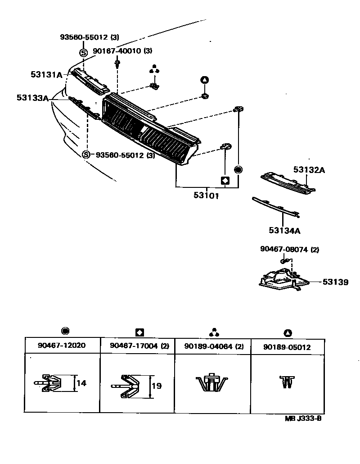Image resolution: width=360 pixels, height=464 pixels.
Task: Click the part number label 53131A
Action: pyautogui.click(x=46, y=75)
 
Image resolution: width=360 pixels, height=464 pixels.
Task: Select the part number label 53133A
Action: pyautogui.click(x=32, y=97)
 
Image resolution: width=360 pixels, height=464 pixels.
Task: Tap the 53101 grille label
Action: pyautogui.click(x=207, y=196)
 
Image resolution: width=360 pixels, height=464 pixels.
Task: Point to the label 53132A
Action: pyautogui.click(x=309, y=170)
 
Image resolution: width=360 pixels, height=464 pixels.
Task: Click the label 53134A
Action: pyautogui.click(x=284, y=231)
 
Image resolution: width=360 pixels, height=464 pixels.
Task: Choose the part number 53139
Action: pyautogui.click(x=335, y=282)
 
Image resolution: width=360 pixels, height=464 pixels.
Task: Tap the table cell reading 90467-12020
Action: pyautogui.click(x=62, y=346)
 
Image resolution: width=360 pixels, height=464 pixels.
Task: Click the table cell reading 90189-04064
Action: pyautogui.click(x=208, y=347)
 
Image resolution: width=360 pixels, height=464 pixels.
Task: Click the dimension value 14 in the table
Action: pyautogui.click(x=81, y=383)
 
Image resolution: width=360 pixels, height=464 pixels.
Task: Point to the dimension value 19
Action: pyautogui.click(x=156, y=386)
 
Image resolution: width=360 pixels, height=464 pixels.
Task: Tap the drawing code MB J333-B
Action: pyautogui.click(x=303, y=418)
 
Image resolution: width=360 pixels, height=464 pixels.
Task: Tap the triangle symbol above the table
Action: pyautogui.click(x=288, y=333)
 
